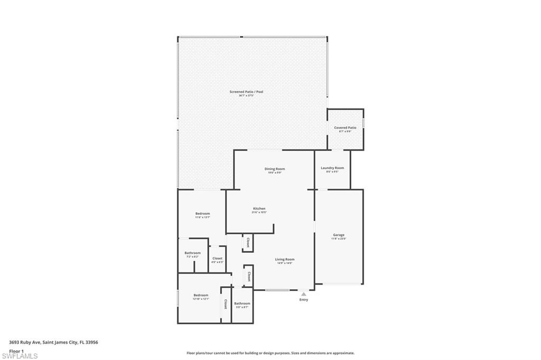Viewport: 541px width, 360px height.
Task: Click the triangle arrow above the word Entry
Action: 304,294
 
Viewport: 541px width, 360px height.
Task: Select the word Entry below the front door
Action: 304,300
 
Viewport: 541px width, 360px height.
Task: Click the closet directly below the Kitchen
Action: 247,242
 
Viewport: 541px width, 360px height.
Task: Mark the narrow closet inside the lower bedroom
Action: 226,304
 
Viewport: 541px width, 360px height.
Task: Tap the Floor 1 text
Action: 16,350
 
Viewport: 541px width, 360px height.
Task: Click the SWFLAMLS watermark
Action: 20,356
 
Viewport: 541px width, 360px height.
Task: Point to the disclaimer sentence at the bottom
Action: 270,353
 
